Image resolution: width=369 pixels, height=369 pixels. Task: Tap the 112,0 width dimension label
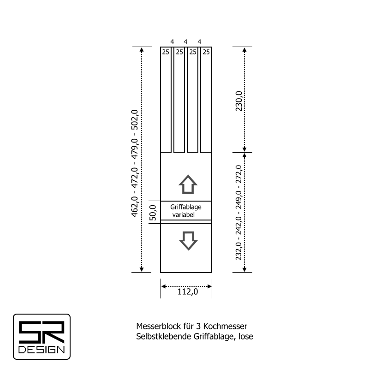pyautogui.click(x=188, y=292)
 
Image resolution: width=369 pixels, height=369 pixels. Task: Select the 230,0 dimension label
pyautogui.click(x=239, y=101)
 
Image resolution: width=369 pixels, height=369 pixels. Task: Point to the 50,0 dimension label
pyautogui.click(x=153, y=213)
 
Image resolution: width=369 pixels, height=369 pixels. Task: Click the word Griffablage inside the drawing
pyautogui.click(x=186, y=207)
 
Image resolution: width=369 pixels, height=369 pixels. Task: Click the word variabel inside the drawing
pyautogui.click(x=183, y=214)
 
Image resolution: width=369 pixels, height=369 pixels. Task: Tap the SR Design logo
pyautogui.click(x=42, y=337)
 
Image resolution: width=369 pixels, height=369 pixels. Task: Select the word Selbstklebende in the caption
pyautogui.click(x=164, y=337)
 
